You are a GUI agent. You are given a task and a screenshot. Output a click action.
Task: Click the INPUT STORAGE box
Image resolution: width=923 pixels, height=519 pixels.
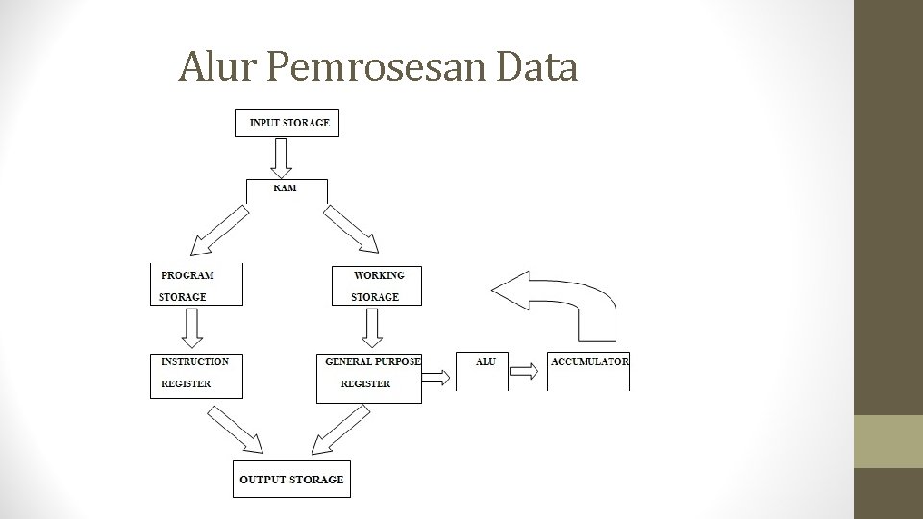(287, 123)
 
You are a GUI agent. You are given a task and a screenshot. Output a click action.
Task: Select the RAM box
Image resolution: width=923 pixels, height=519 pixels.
(286, 188)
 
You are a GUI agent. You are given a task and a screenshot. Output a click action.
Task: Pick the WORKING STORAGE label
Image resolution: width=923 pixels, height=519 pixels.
(378, 285)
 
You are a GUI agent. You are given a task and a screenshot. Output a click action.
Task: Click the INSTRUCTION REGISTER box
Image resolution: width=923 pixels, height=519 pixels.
(195, 374)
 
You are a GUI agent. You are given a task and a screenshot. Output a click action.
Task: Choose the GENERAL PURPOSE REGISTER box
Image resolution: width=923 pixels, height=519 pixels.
(369, 376)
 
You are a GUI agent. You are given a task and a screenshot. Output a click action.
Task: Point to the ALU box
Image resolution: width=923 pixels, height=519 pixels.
(484, 370)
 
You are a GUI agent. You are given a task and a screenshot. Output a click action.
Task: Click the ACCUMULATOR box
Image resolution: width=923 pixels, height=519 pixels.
(588, 370)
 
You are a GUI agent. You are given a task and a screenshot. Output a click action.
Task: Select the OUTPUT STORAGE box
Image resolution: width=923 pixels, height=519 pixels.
(291, 479)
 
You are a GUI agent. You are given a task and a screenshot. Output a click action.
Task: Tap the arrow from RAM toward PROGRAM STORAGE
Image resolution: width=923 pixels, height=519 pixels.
(220, 232)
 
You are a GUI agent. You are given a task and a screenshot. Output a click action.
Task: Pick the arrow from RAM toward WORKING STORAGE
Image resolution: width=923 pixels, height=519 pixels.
(352, 230)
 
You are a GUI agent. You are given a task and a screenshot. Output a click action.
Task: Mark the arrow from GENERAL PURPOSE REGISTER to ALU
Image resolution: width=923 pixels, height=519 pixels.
(437, 377)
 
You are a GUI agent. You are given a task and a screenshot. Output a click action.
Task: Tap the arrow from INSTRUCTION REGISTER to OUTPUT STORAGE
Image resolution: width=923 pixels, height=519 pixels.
(236, 429)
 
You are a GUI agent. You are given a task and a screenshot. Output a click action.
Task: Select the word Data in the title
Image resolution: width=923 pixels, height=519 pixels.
(539, 67)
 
